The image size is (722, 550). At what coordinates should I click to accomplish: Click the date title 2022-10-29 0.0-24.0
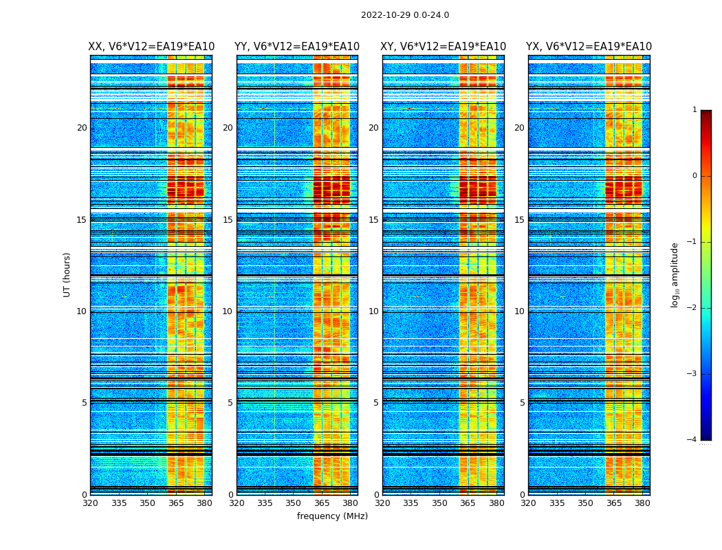(x=405, y=15)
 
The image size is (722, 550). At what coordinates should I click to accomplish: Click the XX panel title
(x=151, y=47)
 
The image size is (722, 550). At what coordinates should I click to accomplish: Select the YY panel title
(x=297, y=47)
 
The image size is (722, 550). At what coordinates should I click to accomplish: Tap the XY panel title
(x=443, y=47)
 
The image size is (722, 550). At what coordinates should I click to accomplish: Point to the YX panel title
(x=589, y=47)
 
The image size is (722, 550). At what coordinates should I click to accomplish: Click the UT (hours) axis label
(x=67, y=274)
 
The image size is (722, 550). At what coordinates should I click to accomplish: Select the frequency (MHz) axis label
(x=332, y=516)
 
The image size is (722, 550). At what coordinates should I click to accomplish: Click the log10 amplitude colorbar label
(x=675, y=274)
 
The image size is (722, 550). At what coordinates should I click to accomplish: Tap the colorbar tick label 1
(x=694, y=110)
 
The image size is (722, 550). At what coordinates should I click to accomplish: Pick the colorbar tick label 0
(x=694, y=176)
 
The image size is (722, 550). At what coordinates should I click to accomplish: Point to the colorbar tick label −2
(x=693, y=308)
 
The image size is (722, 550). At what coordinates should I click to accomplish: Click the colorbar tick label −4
(x=693, y=440)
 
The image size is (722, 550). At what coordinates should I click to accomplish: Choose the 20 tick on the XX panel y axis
(x=82, y=128)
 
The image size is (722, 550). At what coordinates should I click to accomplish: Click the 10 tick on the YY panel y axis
(x=228, y=311)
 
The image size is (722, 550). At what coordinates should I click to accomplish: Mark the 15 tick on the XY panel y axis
(x=373, y=220)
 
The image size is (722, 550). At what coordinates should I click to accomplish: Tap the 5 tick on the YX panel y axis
(x=522, y=403)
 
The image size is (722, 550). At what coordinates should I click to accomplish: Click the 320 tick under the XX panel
(x=90, y=503)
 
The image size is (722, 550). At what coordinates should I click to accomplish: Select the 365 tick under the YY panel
(x=322, y=503)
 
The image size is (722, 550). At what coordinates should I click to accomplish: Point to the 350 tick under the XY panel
(x=439, y=503)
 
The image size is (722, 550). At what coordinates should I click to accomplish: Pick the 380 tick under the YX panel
(x=642, y=503)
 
